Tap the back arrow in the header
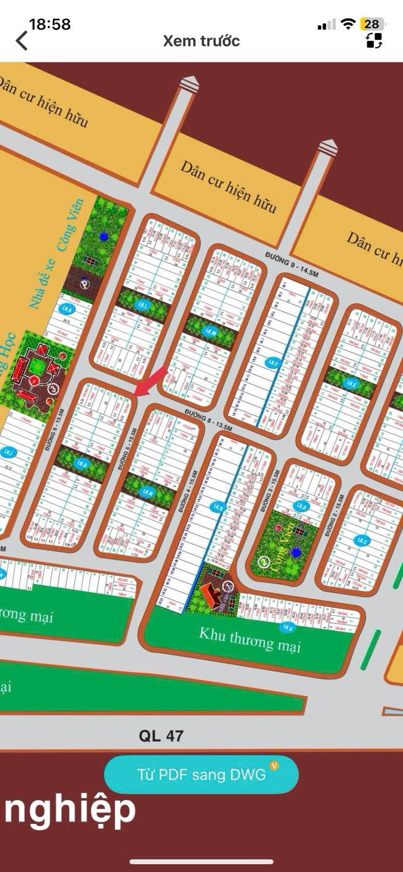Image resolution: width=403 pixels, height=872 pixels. pos(22,41)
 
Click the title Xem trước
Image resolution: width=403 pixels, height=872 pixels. pos(201,41)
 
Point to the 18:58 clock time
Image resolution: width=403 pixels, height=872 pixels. pos(50,24)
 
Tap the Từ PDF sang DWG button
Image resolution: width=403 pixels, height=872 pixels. pos(201,775)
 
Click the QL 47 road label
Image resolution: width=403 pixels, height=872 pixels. pos(161,735)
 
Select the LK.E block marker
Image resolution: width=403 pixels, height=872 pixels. pos(352,383)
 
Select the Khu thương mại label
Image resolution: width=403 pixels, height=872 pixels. pos(250,640)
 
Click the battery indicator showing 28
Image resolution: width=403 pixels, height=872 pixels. pos(372,24)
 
